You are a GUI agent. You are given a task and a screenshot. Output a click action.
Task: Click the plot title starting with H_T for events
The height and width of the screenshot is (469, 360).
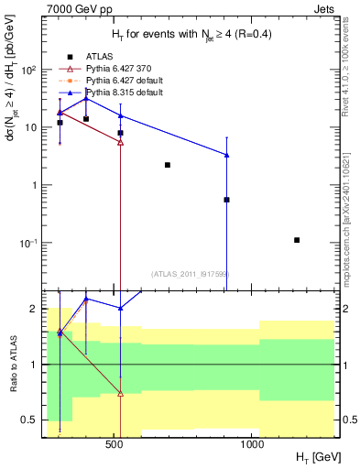[x=180, y=36]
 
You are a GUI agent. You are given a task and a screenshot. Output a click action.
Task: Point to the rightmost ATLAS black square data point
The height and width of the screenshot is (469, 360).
[x=297, y=240]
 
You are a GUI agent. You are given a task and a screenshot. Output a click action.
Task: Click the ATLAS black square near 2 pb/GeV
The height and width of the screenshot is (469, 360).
[x=168, y=165]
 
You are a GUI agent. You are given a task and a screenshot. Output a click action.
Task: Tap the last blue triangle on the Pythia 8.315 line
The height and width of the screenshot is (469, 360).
[x=226, y=155]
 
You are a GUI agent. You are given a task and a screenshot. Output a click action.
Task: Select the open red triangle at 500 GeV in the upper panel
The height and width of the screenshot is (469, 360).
[x=121, y=143]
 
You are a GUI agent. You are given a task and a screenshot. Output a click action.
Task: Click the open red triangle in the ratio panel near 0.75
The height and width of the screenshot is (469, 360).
[x=121, y=394]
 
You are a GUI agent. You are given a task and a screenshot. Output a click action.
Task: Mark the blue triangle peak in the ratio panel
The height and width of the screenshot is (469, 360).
[x=86, y=300]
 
